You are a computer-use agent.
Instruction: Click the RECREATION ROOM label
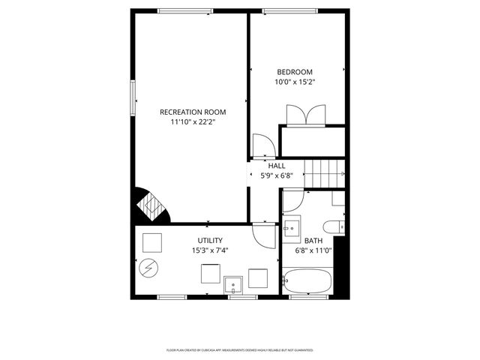pos(193,112)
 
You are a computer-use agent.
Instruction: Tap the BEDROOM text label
pos(295,72)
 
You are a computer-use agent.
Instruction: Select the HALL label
pos(277,166)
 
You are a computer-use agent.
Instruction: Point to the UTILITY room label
pos(209,241)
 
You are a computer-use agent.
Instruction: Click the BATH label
pos(313,241)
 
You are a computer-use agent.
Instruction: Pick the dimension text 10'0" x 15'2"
pos(295,82)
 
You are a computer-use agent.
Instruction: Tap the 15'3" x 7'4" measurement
pos(209,250)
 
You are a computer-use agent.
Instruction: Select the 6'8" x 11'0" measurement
pos(313,250)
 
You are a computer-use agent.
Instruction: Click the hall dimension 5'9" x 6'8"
pos(277,175)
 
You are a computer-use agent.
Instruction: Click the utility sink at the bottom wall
pos(235,283)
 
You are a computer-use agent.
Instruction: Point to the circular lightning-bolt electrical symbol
pos(148,266)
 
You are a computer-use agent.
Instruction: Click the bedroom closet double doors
pos(305,115)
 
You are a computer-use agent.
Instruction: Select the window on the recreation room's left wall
pos(133,97)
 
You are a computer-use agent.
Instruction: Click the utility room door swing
pos(265,235)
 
